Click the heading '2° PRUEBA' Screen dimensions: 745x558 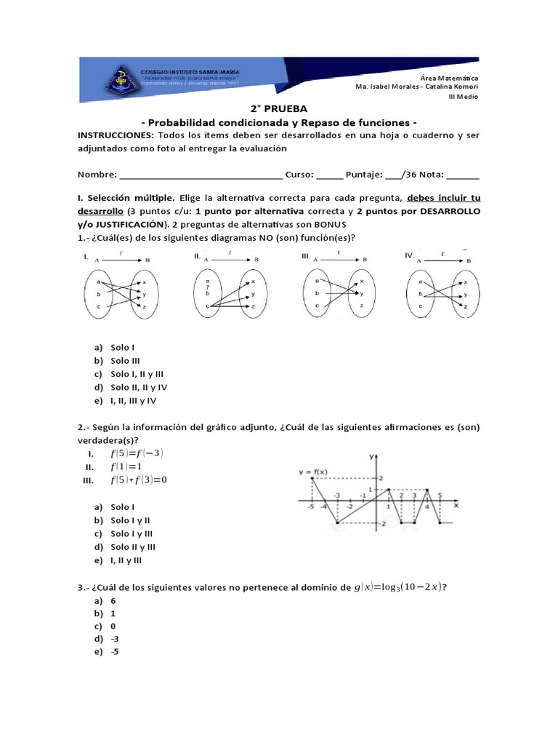click(278, 108)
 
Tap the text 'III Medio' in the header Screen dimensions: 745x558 click(463, 96)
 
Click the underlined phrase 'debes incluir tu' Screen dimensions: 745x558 click(443, 198)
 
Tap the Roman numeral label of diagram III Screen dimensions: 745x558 click(306, 256)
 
